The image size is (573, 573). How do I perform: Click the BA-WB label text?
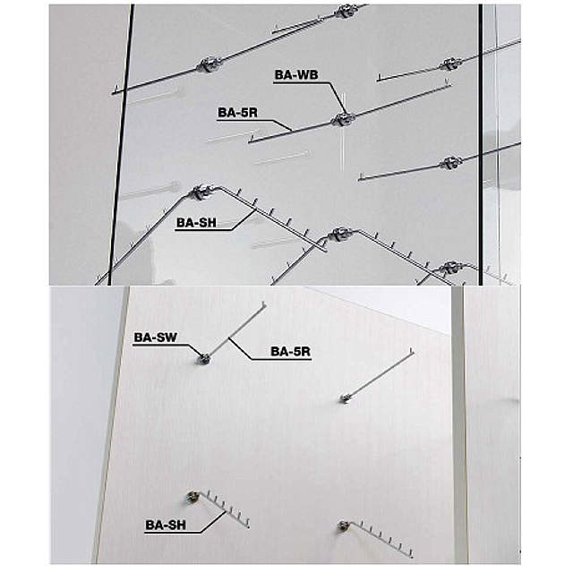pyautogui.click(x=296, y=74)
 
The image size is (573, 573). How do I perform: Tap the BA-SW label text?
pyautogui.click(x=155, y=338)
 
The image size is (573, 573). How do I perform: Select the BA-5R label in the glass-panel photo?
pyautogui.click(x=237, y=113)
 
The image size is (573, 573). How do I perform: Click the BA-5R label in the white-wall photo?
pyautogui.click(x=290, y=352)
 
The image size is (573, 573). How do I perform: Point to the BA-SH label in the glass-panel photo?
pyautogui.click(x=197, y=223)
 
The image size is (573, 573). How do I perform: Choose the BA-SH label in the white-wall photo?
pyautogui.click(x=166, y=526)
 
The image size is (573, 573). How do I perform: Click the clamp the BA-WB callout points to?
pyautogui.click(x=343, y=119)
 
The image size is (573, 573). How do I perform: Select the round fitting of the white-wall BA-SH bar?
pyautogui.click(x=192, y=496)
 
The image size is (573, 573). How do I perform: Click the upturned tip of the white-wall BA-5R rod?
pyautogui.click(x=264, y=304)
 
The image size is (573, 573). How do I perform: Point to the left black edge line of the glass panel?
pyautogui.click(x=121, y=144)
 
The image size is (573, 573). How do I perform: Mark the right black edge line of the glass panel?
pyautogui.click(x=481, y=144)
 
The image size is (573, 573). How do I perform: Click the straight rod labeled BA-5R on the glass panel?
pyautogui.click(x=350, y=113)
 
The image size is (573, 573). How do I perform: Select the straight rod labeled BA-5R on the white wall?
pyautogui.click(x=235, y=331)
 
